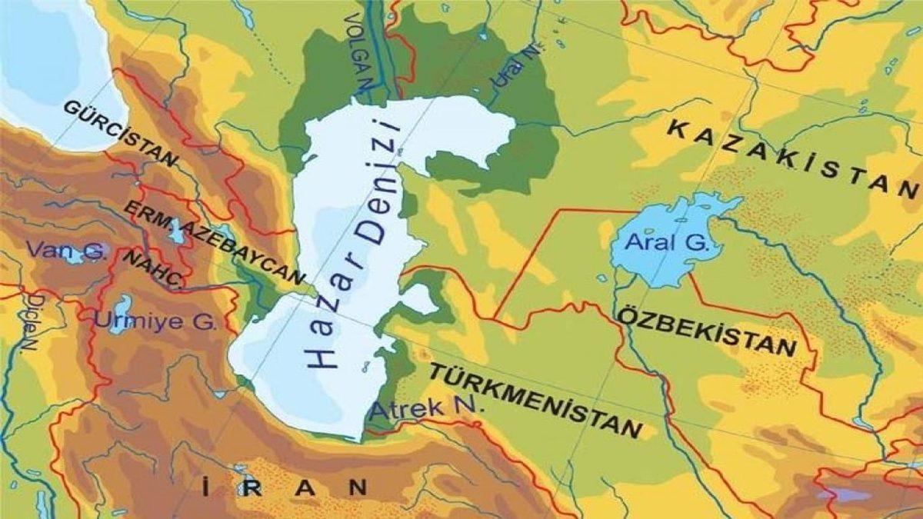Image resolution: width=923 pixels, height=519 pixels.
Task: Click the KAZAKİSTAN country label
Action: click(x=793, y=159)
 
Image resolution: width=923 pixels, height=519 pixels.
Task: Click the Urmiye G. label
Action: click(x=155, y=321)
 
